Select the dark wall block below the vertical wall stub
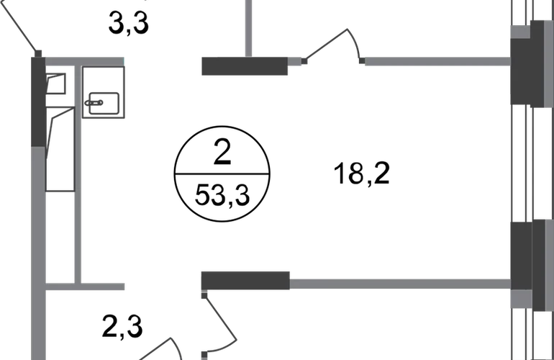click(244, 66)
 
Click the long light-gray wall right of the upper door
click(436, 61)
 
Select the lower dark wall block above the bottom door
click(245, 279)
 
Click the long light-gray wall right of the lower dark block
click(399, 284)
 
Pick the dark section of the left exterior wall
click(37, 101)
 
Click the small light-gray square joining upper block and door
click(295, 61)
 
